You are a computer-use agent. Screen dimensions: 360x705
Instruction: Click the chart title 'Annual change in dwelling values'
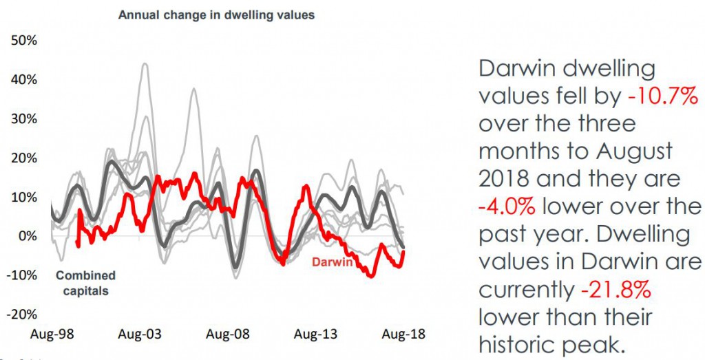point(216,14)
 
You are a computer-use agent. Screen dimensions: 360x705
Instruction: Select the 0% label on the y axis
point(27,237)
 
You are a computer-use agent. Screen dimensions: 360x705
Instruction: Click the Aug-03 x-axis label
point(140,335)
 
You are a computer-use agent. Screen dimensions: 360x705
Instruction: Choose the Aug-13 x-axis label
point(315,335)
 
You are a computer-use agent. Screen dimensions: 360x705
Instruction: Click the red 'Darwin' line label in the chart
point(333,262)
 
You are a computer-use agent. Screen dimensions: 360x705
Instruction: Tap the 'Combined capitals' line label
point(85,283)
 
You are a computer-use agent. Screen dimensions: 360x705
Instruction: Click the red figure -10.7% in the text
point(663,98)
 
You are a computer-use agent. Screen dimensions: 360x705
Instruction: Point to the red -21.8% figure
point(615,290)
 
